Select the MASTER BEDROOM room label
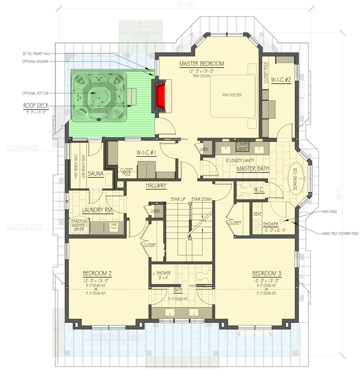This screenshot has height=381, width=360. [x=202, y=64]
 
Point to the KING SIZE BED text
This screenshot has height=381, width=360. [x=232, y=95]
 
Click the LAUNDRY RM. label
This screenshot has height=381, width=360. [x=97, y=209]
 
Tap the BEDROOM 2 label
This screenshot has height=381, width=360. [x=97, y=273]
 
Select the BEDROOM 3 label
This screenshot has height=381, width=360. [x=267, y=273]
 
